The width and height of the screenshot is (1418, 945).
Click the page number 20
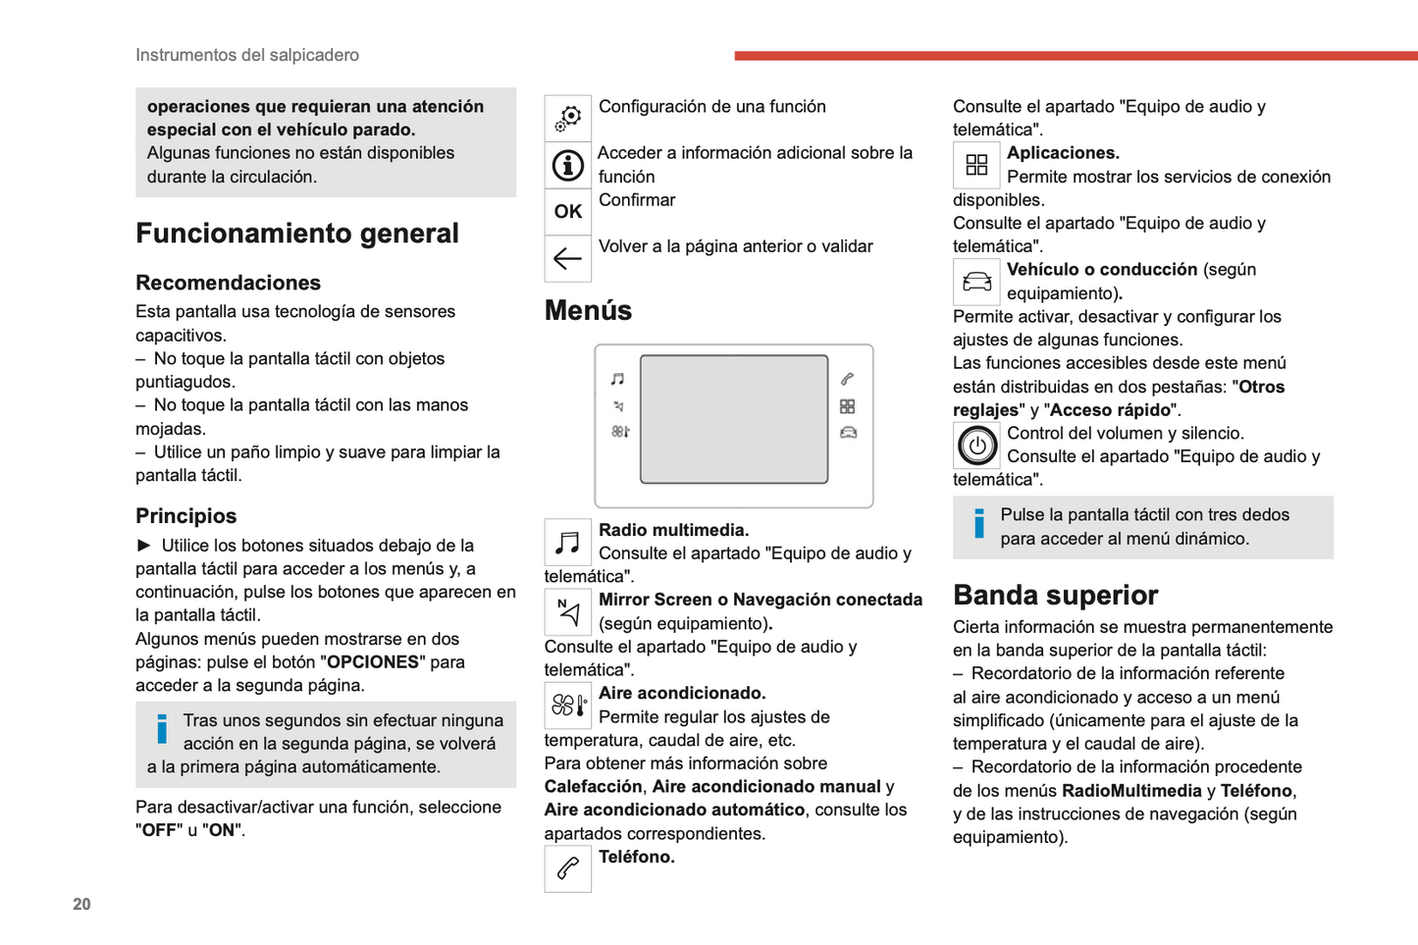click(81, 904)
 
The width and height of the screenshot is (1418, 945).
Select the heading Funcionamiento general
click(296, 234)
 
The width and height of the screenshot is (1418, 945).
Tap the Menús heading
click(588, 310)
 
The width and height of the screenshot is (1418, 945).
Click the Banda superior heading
click(1055, 595)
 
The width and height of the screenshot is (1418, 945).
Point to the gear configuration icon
click(568, 119)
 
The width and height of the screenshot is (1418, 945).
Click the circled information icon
click(568, 166)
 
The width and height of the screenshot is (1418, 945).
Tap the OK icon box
click(568, 211)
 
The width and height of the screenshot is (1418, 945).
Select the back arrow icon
click(568, 258)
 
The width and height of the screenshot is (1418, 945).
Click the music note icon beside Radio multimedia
click(568, 542)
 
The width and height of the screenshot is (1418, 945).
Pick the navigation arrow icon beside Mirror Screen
click(568, 611)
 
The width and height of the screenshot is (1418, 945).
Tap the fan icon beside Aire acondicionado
click(568, 705)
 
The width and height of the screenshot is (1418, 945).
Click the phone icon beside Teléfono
click(568, 868)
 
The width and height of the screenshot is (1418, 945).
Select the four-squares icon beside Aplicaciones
click(976, 165)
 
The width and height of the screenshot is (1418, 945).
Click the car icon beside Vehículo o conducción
click(976, 282)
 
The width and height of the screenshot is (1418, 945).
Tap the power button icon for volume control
click(976, 446)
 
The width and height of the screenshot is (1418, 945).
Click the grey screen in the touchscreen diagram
click(734, 419)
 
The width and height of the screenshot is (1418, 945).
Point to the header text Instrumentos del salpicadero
click(247, 55)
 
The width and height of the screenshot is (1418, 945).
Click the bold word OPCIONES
click(373, 662)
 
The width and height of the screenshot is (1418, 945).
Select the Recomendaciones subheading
click(228, 283)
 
